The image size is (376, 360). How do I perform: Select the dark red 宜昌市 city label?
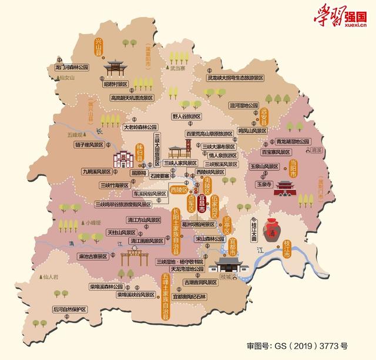pyautogui.click(x=202, y=201)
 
